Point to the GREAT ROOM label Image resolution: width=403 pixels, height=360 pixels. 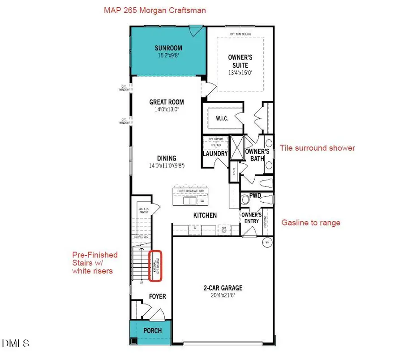point(167,102)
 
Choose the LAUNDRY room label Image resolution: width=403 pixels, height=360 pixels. point(215,154)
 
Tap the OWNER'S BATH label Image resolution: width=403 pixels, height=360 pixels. point(257,155)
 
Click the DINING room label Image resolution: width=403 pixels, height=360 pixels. point(166,158)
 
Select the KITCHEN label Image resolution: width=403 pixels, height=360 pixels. point(205,216)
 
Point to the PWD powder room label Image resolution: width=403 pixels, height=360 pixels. point(255,195)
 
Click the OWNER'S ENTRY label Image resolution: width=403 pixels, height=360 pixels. point(251,218)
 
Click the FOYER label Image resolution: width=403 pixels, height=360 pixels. point(157,296)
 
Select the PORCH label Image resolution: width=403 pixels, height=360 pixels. point(152,331)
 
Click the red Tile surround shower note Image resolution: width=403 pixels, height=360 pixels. point(317,147)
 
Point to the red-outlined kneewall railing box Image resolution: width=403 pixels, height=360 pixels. point(155,266)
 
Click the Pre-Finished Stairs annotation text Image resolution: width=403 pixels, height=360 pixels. point(95,263)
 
